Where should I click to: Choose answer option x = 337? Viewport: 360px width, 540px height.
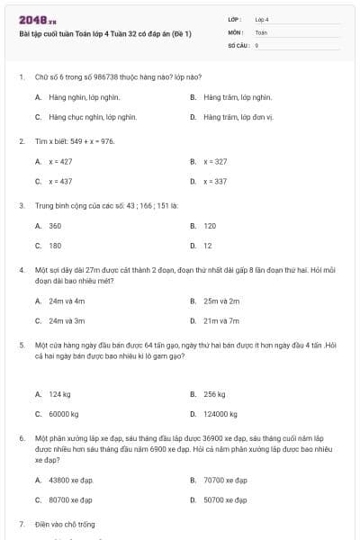click(x=215, y=181)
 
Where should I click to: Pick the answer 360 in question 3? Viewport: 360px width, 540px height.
click(x=55, y=226)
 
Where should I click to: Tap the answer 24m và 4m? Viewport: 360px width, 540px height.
click(x=67, y=301)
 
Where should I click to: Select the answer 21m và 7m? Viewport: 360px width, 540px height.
click(x=221, y=320)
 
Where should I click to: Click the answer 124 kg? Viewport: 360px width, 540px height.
click(x=60, y=394)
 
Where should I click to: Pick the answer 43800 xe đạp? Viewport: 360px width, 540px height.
click(x=71, y=481)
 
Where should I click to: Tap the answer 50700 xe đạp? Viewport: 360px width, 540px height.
click(x=225, y=499)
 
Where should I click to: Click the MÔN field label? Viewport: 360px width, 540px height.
click(x=235, y=31)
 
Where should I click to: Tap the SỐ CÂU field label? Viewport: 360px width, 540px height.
click(x=238, y=44)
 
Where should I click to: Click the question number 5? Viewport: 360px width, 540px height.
click(x=21, y=344)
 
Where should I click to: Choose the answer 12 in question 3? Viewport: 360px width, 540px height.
click(x=208, y=245)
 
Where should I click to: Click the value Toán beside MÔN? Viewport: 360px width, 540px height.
click(x=261, y=31)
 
